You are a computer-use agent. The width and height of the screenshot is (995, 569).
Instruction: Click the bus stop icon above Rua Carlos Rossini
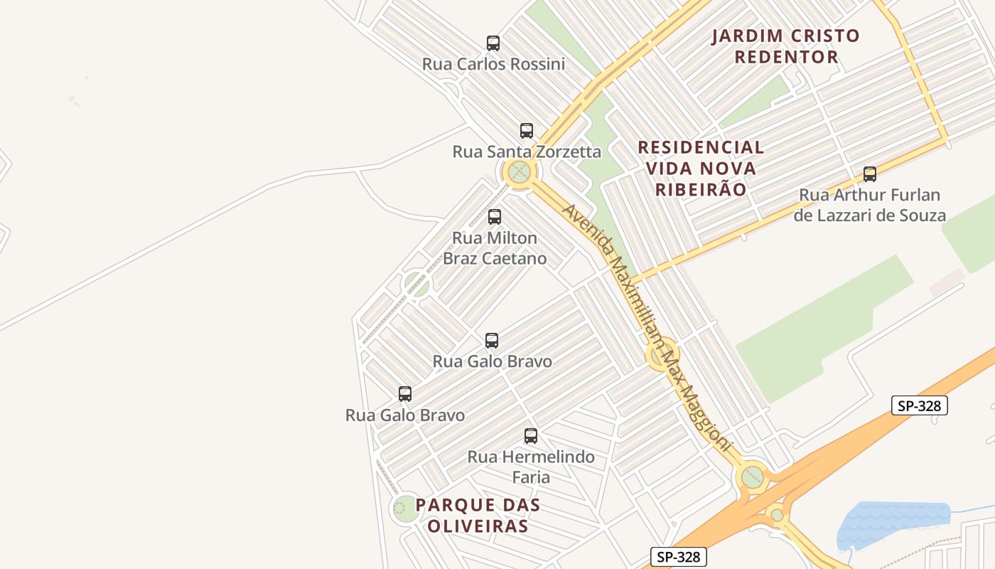point(493,43)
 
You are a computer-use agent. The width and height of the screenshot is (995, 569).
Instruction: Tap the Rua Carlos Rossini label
point(493,64)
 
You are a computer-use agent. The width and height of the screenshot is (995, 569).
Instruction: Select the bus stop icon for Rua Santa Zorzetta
point(526,131)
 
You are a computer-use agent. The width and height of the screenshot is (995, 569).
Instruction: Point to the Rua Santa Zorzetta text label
point(527,151)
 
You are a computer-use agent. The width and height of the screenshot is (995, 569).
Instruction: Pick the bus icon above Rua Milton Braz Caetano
point(494,217)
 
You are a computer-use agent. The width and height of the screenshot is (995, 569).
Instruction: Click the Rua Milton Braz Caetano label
point(495,248)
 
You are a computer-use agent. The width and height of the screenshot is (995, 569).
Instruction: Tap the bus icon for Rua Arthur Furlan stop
point(869,174)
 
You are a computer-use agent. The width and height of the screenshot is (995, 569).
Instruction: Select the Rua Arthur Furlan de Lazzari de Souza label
point(869,205)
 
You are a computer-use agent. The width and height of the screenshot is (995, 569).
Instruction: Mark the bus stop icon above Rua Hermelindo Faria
point(530,436)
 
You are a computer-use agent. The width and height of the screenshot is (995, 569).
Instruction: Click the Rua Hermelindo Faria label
point(531,467)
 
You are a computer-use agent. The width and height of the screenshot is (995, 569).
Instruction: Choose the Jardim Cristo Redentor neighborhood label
point(786,46)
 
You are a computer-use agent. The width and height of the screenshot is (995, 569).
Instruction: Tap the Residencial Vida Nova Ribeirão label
point(701,169)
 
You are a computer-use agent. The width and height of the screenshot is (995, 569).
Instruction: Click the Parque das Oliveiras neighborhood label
point(478,516)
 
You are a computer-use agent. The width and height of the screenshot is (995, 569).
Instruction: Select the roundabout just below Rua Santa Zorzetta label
point(520,172)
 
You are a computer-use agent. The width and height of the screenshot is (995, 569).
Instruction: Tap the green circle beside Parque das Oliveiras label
point(406,508)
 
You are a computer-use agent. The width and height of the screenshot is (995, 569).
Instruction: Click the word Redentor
point(786,57)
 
